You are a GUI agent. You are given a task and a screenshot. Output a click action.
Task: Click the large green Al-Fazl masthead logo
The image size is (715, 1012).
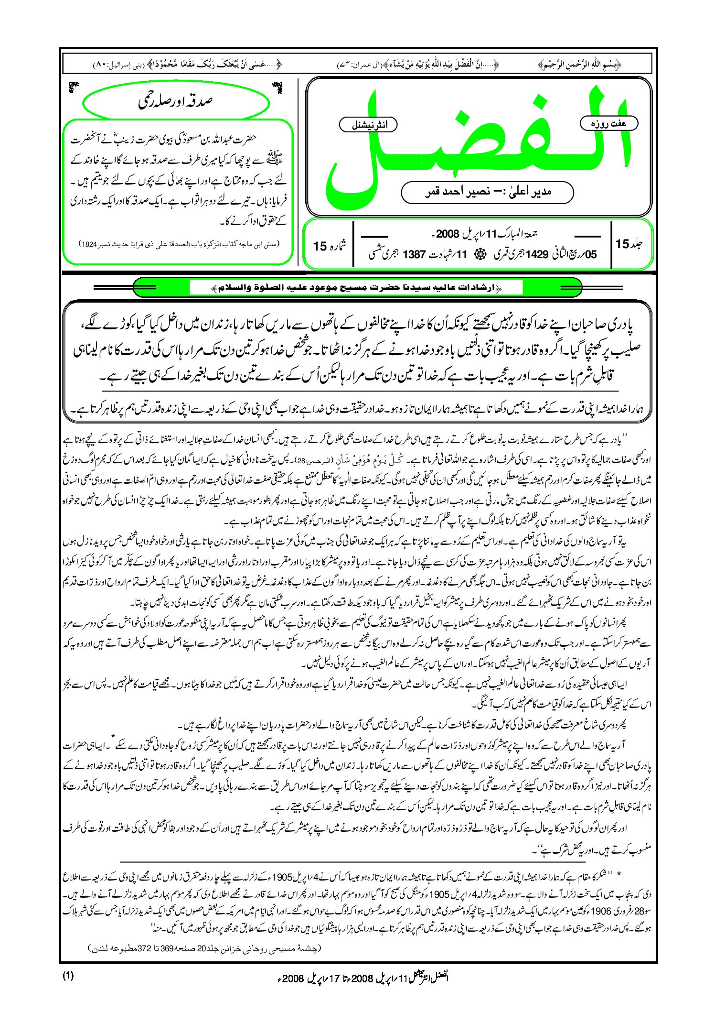click(x=478, y=143)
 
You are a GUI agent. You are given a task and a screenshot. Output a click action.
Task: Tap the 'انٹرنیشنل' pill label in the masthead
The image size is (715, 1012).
click(x=368, y=125)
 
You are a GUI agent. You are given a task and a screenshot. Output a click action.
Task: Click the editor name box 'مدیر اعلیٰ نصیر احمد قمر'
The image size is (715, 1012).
click(x=487, y=192)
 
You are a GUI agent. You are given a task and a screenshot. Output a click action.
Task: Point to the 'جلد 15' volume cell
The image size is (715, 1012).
click(x=629, y=244)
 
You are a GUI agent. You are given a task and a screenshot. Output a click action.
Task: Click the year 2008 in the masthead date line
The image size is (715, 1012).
click(x=448, y=234)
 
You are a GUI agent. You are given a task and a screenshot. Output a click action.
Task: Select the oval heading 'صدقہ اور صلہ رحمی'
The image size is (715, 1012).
click(x=175, y=101)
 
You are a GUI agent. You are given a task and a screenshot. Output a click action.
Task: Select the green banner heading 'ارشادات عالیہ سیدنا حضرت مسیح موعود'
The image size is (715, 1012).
click(x=356, y=288)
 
